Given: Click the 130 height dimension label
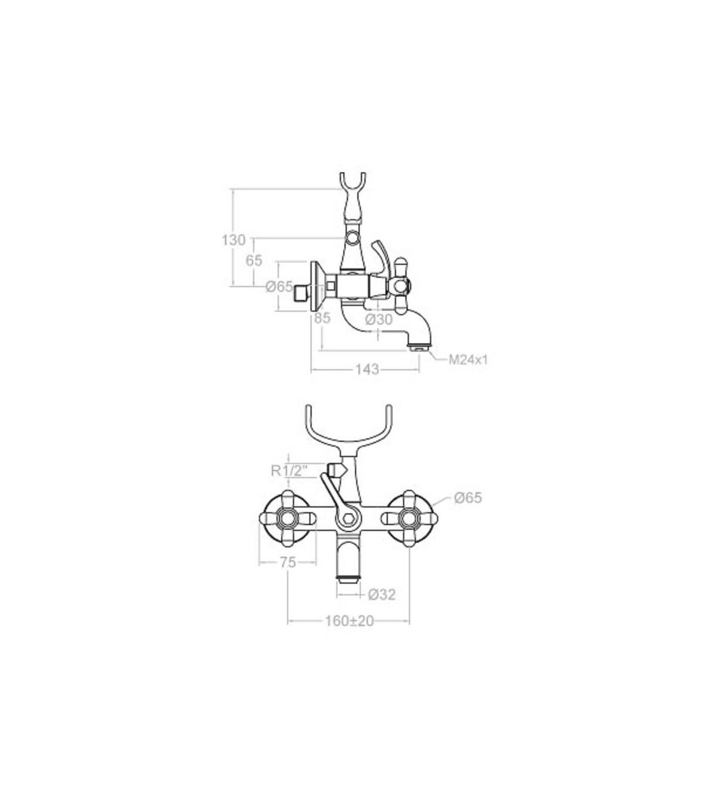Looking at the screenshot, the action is [234, 240].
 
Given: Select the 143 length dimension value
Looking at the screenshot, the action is [367, 369].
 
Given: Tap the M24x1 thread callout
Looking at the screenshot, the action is [468, 360].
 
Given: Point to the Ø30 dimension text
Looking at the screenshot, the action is [378, 320].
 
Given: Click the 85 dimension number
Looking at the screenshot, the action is [322, 318].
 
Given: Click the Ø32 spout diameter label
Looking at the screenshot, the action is [382, 595].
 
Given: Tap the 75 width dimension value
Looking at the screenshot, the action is [288, 563].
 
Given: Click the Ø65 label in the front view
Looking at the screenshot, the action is [467, 498].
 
